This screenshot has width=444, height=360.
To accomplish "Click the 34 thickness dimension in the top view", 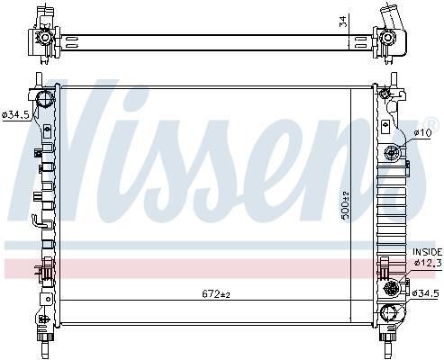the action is [x=343, y=21].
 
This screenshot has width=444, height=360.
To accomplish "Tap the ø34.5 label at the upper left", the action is [x=15, y=114].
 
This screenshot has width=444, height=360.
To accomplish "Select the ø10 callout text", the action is [x=422, y=132].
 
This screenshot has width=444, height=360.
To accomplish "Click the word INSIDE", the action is [x=428, y=252].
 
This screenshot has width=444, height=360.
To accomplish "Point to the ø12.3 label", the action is [x=428, y=263].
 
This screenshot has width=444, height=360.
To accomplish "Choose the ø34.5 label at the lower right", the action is [x=425, y=293].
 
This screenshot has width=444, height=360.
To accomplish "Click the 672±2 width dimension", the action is [x=216, y=294].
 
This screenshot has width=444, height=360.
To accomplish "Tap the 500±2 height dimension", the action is [x=346, y=205].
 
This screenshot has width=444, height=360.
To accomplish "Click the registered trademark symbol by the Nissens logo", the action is [x=431, y=122].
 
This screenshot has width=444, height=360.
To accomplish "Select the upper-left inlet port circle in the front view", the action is [x=44, y=98].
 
